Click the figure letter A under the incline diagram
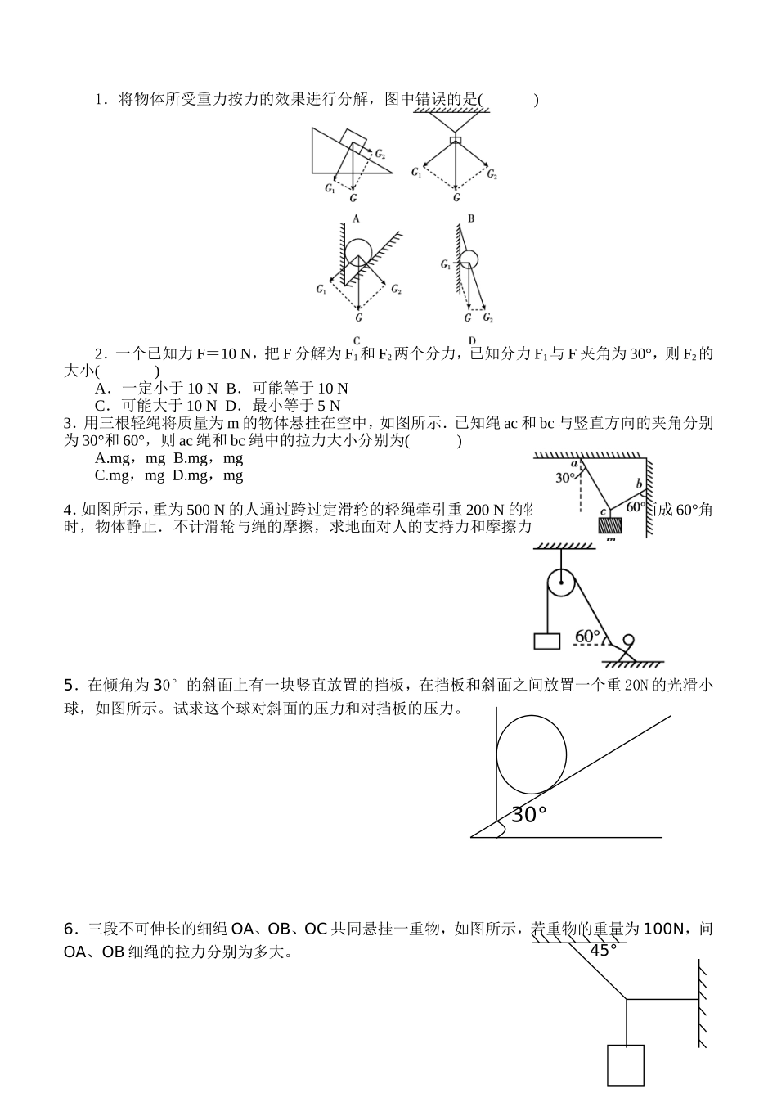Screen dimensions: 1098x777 tap(356, 218)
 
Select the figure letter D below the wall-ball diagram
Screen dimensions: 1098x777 tap(472, 340)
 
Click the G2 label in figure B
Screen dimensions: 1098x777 tap(492, 174)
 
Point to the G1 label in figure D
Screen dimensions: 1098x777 tap(446, 264)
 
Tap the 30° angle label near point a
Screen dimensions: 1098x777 tap(565, 478)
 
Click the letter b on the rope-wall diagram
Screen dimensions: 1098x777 tap(639, 484)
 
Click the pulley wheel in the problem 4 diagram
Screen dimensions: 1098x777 tap(561, 584)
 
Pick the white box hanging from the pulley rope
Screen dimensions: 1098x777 tap(546, 641)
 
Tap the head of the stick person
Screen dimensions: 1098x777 tap(629, 640)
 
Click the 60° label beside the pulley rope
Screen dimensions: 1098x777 tap(587, 636)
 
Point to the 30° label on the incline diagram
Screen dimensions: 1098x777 tap(528, 815)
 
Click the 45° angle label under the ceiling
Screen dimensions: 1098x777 tap(604, 950)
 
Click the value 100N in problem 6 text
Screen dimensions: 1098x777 tap(663, 929)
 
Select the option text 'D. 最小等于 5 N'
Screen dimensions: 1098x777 tap(283, 405)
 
